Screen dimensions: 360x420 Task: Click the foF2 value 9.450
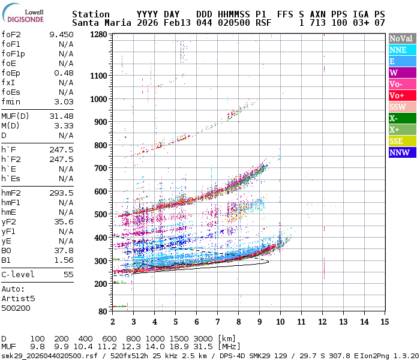pos(61,34)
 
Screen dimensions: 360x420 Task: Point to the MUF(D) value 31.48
pos(61,116)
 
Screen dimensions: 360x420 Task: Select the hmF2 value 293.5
pos(61,193)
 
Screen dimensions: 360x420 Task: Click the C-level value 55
pos(68,274)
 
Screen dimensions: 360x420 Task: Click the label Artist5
pos(18,298)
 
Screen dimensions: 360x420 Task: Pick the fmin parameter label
pos(12,101)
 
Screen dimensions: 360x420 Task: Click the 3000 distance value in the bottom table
pos(203,339)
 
